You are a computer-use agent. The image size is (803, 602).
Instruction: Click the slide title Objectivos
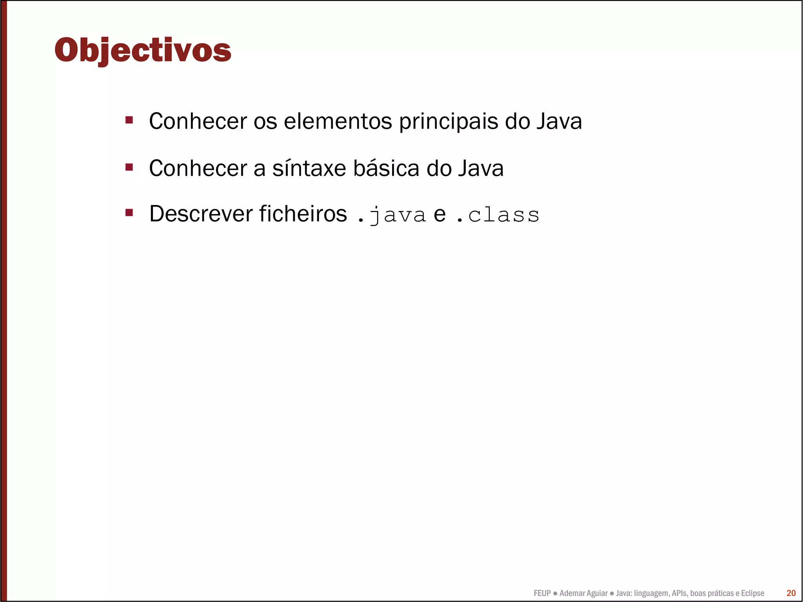coord(143,50)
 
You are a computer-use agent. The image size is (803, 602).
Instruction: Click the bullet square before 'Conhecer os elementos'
coord(129,120)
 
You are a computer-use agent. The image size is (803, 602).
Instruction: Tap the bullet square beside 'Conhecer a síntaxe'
coord(129,167)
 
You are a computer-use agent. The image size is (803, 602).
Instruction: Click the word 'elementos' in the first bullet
coord(338,121)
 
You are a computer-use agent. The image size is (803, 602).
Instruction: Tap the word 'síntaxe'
coord(309,168)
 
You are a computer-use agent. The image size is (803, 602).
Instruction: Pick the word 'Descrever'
coord(201,214)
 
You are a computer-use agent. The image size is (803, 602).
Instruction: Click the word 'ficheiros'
coord(303,214)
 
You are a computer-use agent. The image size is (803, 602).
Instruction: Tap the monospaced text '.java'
coord(392,215)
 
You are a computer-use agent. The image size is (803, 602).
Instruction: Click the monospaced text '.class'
coord(498,215)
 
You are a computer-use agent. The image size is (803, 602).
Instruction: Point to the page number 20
coord(791,593)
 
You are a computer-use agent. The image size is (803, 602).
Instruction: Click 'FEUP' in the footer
coord(542,593)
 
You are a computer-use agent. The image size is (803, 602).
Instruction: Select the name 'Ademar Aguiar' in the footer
coord(583,593)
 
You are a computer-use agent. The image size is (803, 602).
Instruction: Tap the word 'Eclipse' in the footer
coord(752,593)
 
